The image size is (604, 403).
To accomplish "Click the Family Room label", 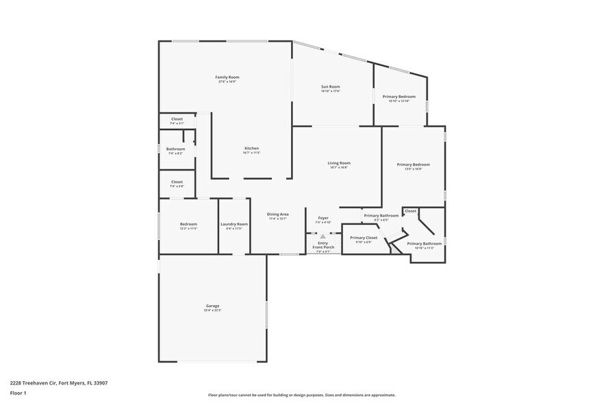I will [x=227, y=77].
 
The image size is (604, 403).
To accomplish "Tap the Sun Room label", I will [x=330, y=86].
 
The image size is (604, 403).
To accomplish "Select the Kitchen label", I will [x=252, y=149].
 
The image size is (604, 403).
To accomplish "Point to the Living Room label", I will [x=338, y=162].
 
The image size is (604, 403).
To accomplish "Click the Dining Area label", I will [x=277, y=214].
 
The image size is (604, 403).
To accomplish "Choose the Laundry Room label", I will [x=234, y=224].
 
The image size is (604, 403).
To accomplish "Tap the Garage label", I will [x=212, y=306].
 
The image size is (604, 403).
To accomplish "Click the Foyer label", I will [x=323, y=218].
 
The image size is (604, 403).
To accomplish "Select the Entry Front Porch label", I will [x=323, y=245].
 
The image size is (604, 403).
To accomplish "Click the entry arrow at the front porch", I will [x=323, y=236].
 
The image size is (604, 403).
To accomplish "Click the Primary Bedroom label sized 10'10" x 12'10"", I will [x=399, y=97].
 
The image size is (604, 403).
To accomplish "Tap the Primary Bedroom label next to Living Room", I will [x=413, y=164].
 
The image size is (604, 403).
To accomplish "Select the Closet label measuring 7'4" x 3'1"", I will [x=176, y=119].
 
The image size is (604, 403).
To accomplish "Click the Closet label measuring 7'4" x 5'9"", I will [x=176, y=182].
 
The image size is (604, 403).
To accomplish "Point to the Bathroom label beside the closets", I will [x=175, y=149].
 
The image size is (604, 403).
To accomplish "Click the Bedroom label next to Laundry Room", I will [x=188, y=224].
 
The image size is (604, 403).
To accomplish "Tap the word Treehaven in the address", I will [x=40, y=383].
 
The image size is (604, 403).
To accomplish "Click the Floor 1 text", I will [x=18, y=393].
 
